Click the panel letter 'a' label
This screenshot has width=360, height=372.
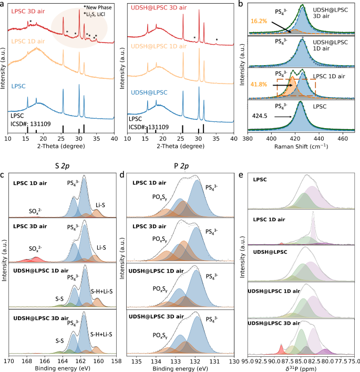[x=4, y=4]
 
